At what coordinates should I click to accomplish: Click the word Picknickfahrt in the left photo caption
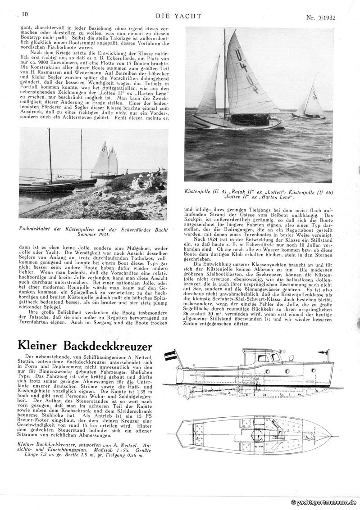[x=36, y=229]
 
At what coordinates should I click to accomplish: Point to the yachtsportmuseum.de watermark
[x=324, y=502]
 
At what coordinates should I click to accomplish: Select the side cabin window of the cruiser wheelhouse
[x=262, y=358]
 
